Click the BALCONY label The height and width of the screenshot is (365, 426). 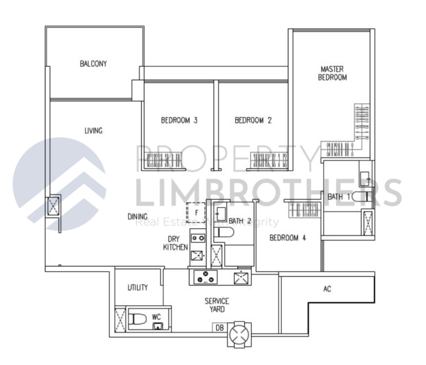coord(93,64)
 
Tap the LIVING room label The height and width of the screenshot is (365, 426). coord(93,130)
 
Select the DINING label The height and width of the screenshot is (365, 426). coord(138,217)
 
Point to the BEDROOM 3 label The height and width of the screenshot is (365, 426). coord(179,120)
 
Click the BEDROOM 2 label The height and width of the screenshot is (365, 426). coord(253,120)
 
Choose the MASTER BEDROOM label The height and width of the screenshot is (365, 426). coord(332,73)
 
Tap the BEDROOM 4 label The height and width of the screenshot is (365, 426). coord(288,238)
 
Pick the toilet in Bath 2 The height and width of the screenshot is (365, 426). coord(224,233)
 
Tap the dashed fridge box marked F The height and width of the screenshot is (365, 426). coord(196,213)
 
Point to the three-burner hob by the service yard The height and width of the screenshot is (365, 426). coord(205,277)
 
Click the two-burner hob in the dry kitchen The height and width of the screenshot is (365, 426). coord(198,238)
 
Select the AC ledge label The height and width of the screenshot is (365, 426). coord(327,289)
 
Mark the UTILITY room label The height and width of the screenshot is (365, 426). coord(138,287)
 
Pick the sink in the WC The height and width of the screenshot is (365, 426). coord(157,326)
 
